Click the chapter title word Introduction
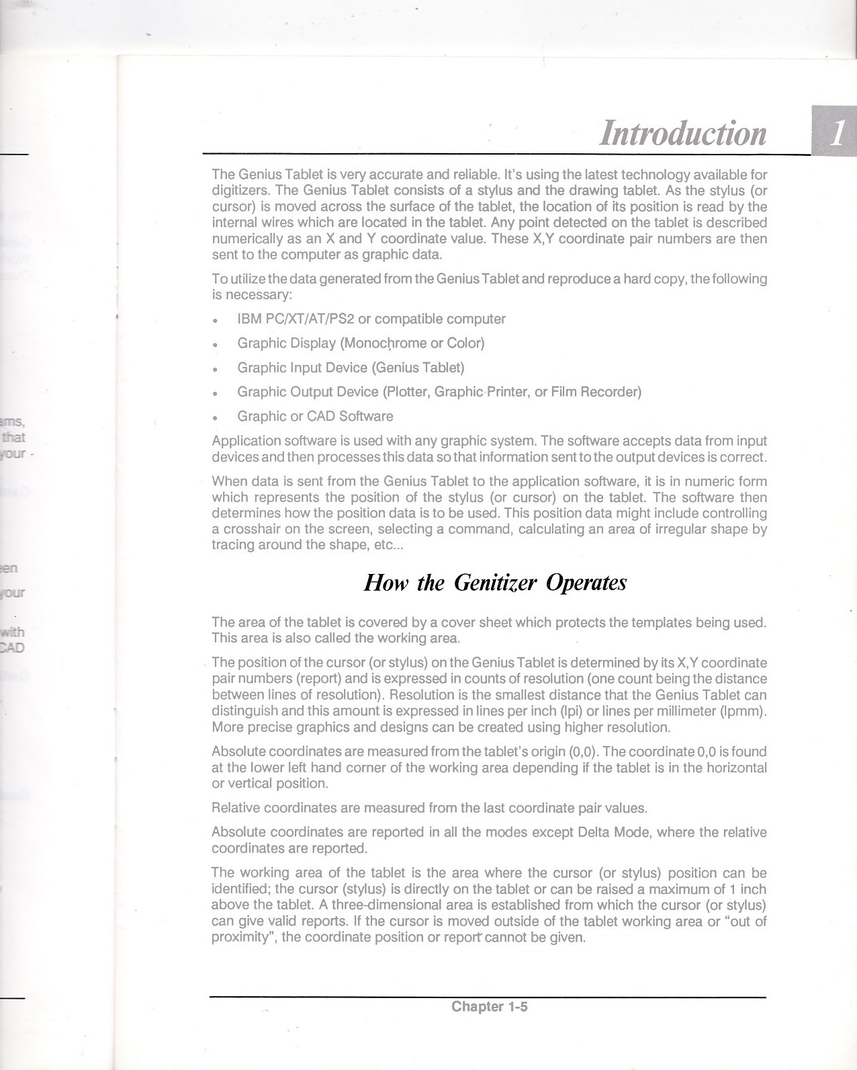click(683, 133)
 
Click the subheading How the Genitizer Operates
click(495, 581)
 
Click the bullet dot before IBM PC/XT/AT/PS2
click(214, 320)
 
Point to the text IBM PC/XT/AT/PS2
click(296, 319)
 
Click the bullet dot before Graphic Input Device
click(214, 369)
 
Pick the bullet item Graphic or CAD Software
click(315, 416)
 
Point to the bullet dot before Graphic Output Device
click(214, 393)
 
